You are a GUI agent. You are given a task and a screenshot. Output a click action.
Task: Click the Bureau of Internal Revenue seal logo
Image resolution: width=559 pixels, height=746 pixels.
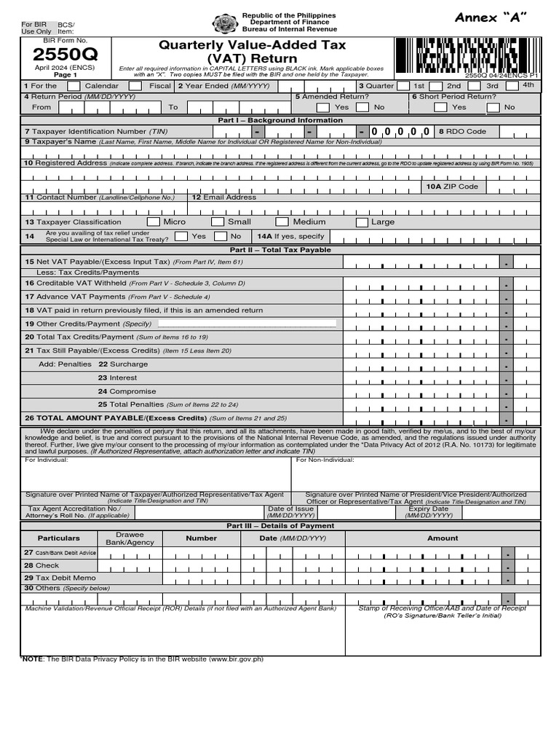pyautogui.click(x=225, y=24)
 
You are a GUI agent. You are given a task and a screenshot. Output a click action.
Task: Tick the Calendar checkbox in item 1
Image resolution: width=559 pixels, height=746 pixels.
pyautogui.click(x=74, y=86)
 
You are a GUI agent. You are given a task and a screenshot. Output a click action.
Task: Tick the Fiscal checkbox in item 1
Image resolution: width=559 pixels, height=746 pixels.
pyautogui.click(x=135, y=86)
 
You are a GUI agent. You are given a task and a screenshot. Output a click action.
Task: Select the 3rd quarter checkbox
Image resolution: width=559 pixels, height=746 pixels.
pyautogui.click(x=513, y=86)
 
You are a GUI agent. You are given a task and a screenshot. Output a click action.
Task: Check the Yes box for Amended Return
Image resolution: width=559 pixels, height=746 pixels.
pyautogui.click(x=323, y=107)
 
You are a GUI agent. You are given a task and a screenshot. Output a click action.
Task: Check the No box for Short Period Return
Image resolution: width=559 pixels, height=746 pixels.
pyautogui.click(x=493, y=107)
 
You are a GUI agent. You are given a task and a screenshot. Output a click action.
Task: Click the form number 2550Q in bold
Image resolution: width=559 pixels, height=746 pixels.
pyautogui.click(x=66, y=54)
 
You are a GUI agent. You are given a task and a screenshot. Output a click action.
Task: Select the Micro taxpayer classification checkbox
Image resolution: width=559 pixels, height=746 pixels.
pyautogui.click(x=154, y=221)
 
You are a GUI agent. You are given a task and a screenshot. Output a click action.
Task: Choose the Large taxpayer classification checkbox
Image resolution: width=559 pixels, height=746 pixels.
pyautogui.click(x=362, y=222)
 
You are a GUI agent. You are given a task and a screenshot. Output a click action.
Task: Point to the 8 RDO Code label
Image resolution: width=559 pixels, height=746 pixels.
pyautogui.click(x=462, y=132)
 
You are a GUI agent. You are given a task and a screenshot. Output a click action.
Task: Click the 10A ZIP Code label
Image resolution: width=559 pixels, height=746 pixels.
pyautogui.click(x=452, y=186)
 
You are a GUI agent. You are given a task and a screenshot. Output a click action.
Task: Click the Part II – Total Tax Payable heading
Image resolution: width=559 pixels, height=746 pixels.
pyautogui.click(x=280, y=250)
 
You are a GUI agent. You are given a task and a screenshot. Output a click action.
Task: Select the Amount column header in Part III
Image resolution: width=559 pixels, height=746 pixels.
pyautogui.click(x=443, y=538)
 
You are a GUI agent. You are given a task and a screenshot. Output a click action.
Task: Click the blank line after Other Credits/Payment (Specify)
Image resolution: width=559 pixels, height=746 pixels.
pyautogui.click(x=247, y=323)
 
